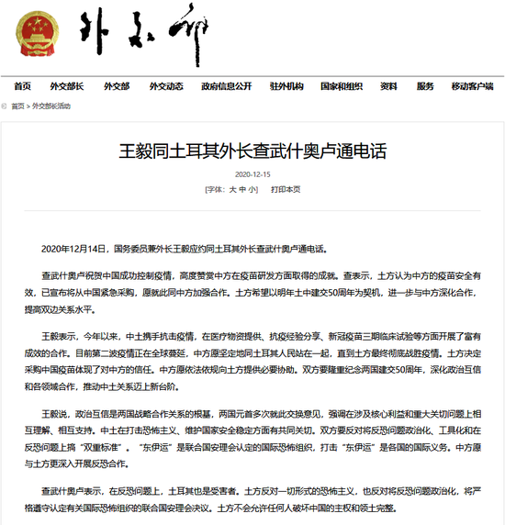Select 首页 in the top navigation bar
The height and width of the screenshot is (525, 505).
[x=23, y=86]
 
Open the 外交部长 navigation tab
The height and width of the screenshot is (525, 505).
[x=67, y=86]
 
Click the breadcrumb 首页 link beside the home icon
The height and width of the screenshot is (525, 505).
[x=18, y=106]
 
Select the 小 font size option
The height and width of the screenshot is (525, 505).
[x=254, y=190]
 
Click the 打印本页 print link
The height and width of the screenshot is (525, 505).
[x=286, y=190]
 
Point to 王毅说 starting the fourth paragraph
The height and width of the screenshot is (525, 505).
[x=56, y=389]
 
